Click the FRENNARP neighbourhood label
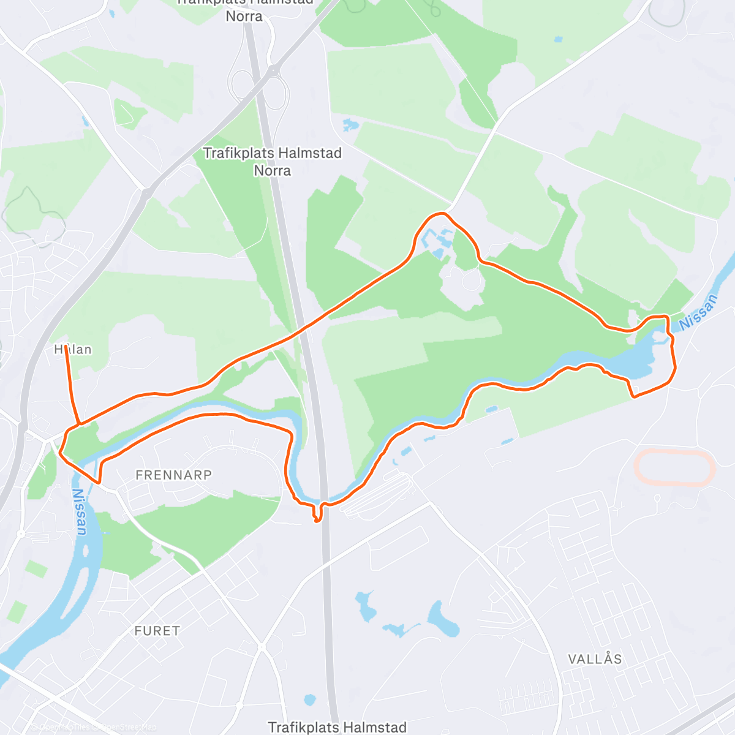tap(173, 475)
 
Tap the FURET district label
tap(157, 631)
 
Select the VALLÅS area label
tap(595, 659)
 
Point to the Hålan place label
tap(73, 349)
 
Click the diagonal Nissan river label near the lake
tap(698, 312)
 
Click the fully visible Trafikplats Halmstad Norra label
tap(272, 161)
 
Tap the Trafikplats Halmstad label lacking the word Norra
tap(337, 727)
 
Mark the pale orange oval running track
tap(674, 469)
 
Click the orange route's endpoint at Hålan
tap(65, 347)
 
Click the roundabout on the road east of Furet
tap(262, 647)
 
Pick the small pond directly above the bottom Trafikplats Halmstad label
tap(310, 699)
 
